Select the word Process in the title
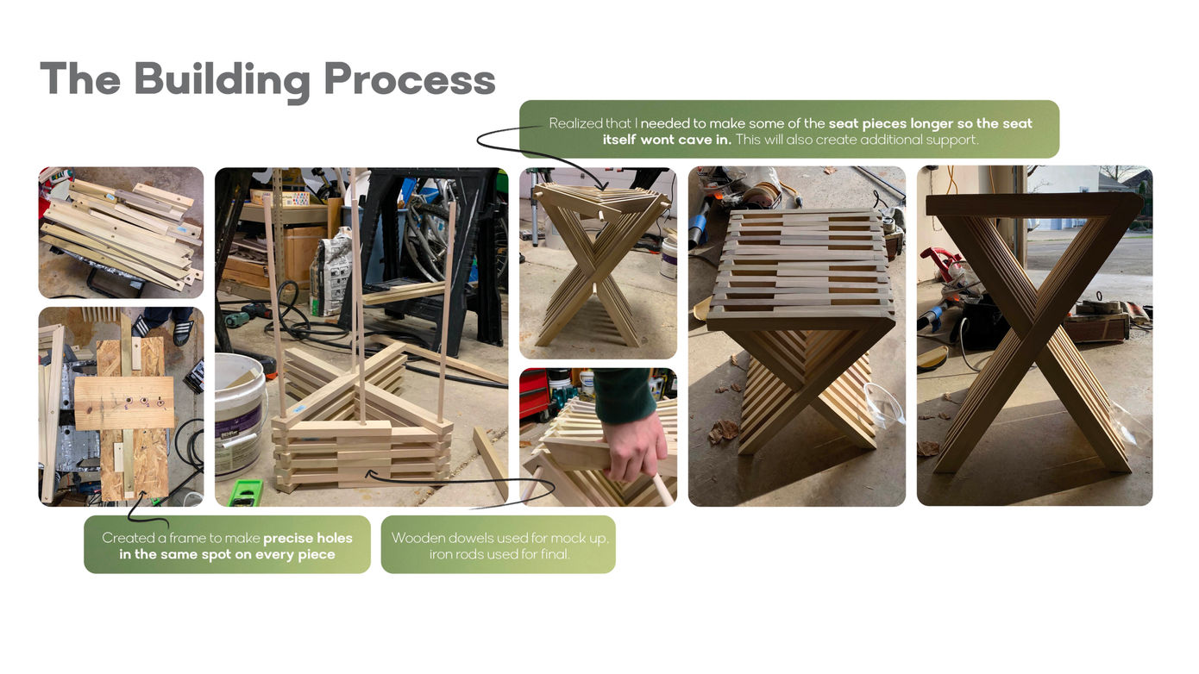tap(410, 79)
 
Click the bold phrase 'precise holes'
tap(308, 538)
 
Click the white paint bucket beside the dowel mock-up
tap(239, 412)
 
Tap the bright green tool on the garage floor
tap(245, 493)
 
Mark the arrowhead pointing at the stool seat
tap(603, 184)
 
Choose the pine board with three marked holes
tap(125, 404)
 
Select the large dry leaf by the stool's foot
tap(723, 431)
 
